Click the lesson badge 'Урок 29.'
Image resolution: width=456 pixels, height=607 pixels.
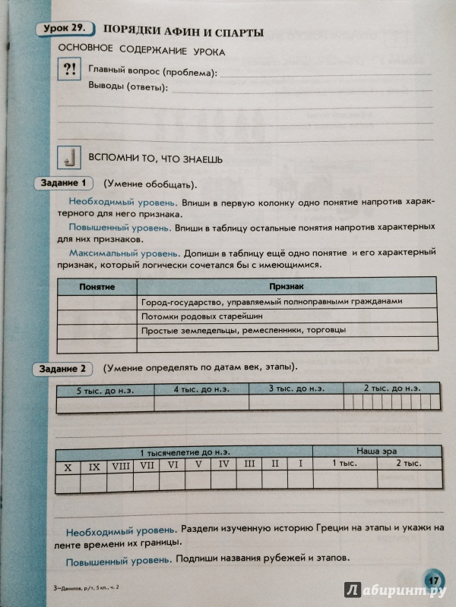pos(62,30)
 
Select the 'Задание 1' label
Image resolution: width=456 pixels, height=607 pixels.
pos(64,183)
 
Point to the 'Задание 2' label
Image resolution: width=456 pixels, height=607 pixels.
pos(63,368)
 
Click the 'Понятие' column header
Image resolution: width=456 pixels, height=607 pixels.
pos(97,288)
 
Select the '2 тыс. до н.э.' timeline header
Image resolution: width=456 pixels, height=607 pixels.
pos(391,388)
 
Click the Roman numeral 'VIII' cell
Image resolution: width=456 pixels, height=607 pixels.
pos(120,464)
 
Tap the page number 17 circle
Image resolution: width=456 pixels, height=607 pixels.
pos(432,576)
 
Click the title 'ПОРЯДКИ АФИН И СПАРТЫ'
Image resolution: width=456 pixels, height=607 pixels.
pos(182,32)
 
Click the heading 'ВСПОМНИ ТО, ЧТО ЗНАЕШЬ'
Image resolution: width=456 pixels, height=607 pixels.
pos(156,159)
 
